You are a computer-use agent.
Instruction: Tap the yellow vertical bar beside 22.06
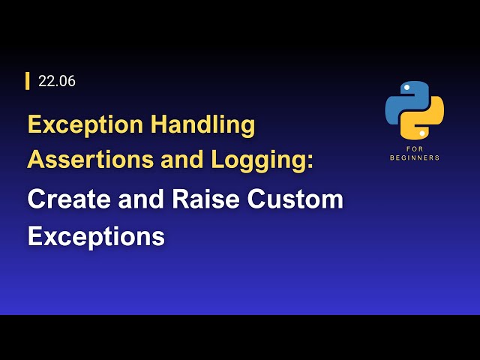pos(28,81)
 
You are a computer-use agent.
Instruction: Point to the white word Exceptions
pos(96,236)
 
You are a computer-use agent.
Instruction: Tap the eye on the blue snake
pos(406,88)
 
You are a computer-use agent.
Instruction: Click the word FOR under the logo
pos(415,149)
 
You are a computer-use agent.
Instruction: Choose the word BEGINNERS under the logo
pos(415,157)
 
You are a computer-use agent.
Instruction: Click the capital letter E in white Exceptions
pos(34,236)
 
